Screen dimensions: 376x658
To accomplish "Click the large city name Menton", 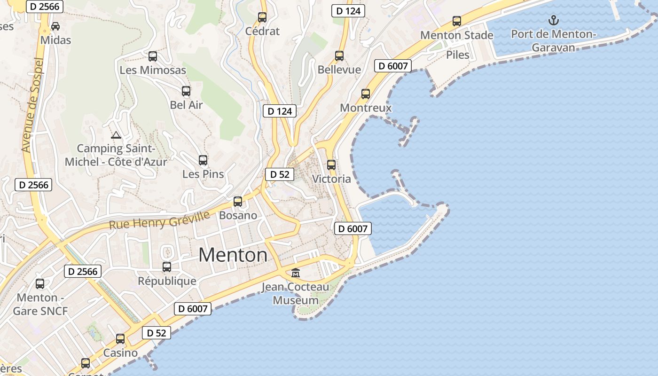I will click(233, 255).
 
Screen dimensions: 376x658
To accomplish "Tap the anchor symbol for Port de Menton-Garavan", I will click(554, 20).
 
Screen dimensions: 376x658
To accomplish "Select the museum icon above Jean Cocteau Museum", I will click(296, 273).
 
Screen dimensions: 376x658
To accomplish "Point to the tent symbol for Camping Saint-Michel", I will click(116, 135).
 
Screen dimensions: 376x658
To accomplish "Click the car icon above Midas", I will click(55, 26).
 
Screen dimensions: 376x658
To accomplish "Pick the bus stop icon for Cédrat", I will click(262, 17).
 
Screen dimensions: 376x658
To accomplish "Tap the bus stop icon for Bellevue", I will click(339, 56).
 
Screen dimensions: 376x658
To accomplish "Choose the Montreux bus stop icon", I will click(366, 94).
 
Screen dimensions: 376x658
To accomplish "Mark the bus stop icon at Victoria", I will click(331, 165).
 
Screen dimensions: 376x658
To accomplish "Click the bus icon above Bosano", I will click(238, 202).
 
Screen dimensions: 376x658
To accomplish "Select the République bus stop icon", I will click(167, 267).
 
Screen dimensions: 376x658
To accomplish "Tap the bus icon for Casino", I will click(120, 339).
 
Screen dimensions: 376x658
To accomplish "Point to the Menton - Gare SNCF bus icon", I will click(40, 284).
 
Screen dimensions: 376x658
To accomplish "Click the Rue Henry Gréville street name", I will click(159, 220).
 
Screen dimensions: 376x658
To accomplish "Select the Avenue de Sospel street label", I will click(32, 105).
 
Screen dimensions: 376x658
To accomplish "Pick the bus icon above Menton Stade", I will click(457, 21).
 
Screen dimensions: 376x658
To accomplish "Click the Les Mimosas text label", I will click(153, 70).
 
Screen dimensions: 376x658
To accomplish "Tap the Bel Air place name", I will click(186, 105).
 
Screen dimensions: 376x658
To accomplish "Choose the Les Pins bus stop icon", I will click(203, 160).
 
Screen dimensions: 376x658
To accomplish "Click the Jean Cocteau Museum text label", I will click(296, 293).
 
